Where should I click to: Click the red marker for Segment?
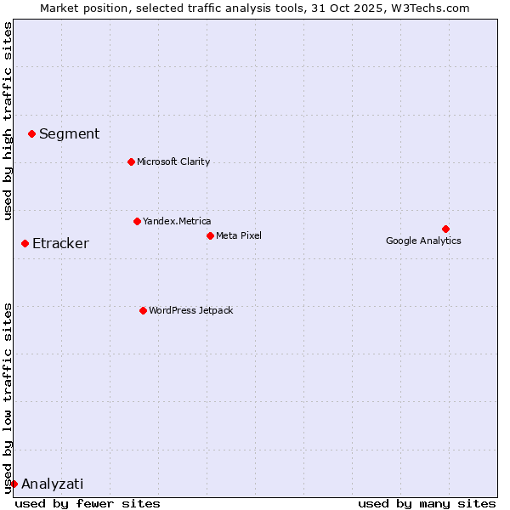coord(31,133)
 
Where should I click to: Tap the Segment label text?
coord(69,133)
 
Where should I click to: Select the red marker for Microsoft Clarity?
coord(131,161)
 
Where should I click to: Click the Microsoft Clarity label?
coord(173,161)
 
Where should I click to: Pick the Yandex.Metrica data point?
coord(137,221)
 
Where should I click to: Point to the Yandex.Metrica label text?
coord(177,221)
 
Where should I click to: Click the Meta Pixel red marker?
coord(210,235)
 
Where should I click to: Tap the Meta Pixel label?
coord(239,235)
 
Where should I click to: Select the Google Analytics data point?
coord(445,229)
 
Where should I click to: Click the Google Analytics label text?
coord(423,241)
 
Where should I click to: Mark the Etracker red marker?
coord(25,244)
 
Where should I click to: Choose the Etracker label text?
coord(60,244)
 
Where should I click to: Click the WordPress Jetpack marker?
coord(143,310)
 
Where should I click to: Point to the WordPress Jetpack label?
coord(190,310)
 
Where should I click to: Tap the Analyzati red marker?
coord(14,484)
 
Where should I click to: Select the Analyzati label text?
coord(53,484)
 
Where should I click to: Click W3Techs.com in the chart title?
coord(439,8)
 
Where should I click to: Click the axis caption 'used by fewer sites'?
coord(88,503)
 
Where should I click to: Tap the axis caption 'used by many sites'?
coord(427,503)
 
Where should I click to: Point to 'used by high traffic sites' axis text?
coord(8,121)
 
